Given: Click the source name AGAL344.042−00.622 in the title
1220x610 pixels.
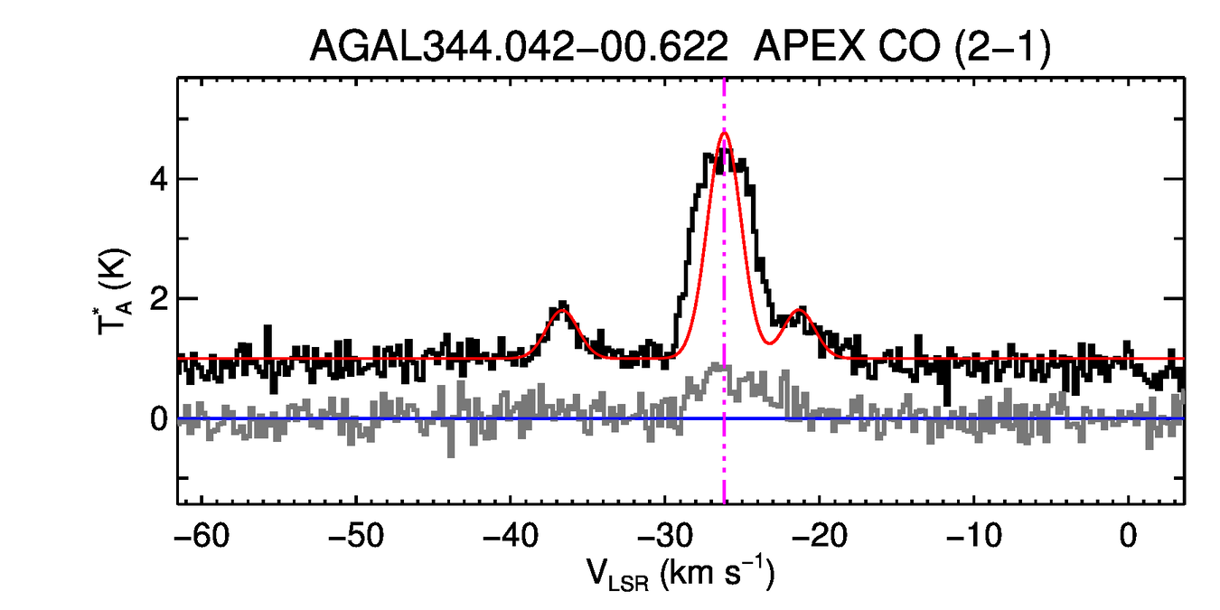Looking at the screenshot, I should [x=519, y=47].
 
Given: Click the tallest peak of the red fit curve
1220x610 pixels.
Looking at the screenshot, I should [x=725, y=133].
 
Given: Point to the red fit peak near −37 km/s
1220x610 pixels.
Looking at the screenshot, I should [x=562, y=311].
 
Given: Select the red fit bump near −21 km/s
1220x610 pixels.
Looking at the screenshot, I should [x=799, y=311].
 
